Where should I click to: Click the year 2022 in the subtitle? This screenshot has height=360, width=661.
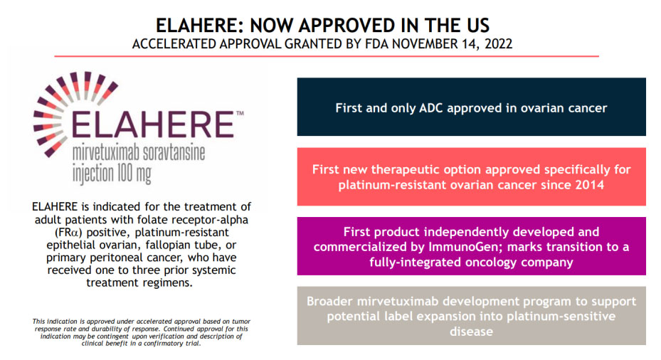[x=499, y=44]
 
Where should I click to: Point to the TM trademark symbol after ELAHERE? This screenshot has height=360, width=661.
[x=240, y=113]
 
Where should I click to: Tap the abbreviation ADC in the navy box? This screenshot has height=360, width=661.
[x=431, y=108]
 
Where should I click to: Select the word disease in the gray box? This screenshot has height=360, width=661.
[x=471, y=332]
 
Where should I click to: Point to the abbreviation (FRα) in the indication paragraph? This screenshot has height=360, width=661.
[x=69, y=232]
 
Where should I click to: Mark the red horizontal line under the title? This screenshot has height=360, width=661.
[x=327, y=56]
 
